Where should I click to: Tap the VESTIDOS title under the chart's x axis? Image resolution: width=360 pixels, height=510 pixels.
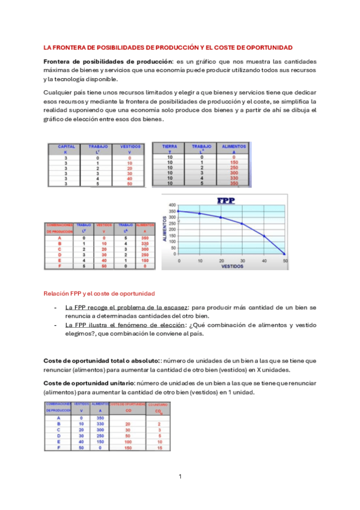coord(231,265)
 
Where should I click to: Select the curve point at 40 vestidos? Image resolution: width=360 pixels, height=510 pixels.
coord(264,236)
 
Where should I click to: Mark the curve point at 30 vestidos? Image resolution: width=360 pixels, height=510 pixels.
coord(242,224)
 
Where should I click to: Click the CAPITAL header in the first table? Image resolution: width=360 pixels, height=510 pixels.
coord(66,146)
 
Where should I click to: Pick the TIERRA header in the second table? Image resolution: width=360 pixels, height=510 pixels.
coord(169,146)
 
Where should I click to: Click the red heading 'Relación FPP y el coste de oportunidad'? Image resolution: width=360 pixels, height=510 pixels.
coord(99,293)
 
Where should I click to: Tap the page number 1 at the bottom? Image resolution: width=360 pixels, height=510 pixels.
coord(180,476)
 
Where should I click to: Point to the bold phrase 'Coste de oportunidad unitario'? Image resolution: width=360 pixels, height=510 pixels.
coord(89,383)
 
